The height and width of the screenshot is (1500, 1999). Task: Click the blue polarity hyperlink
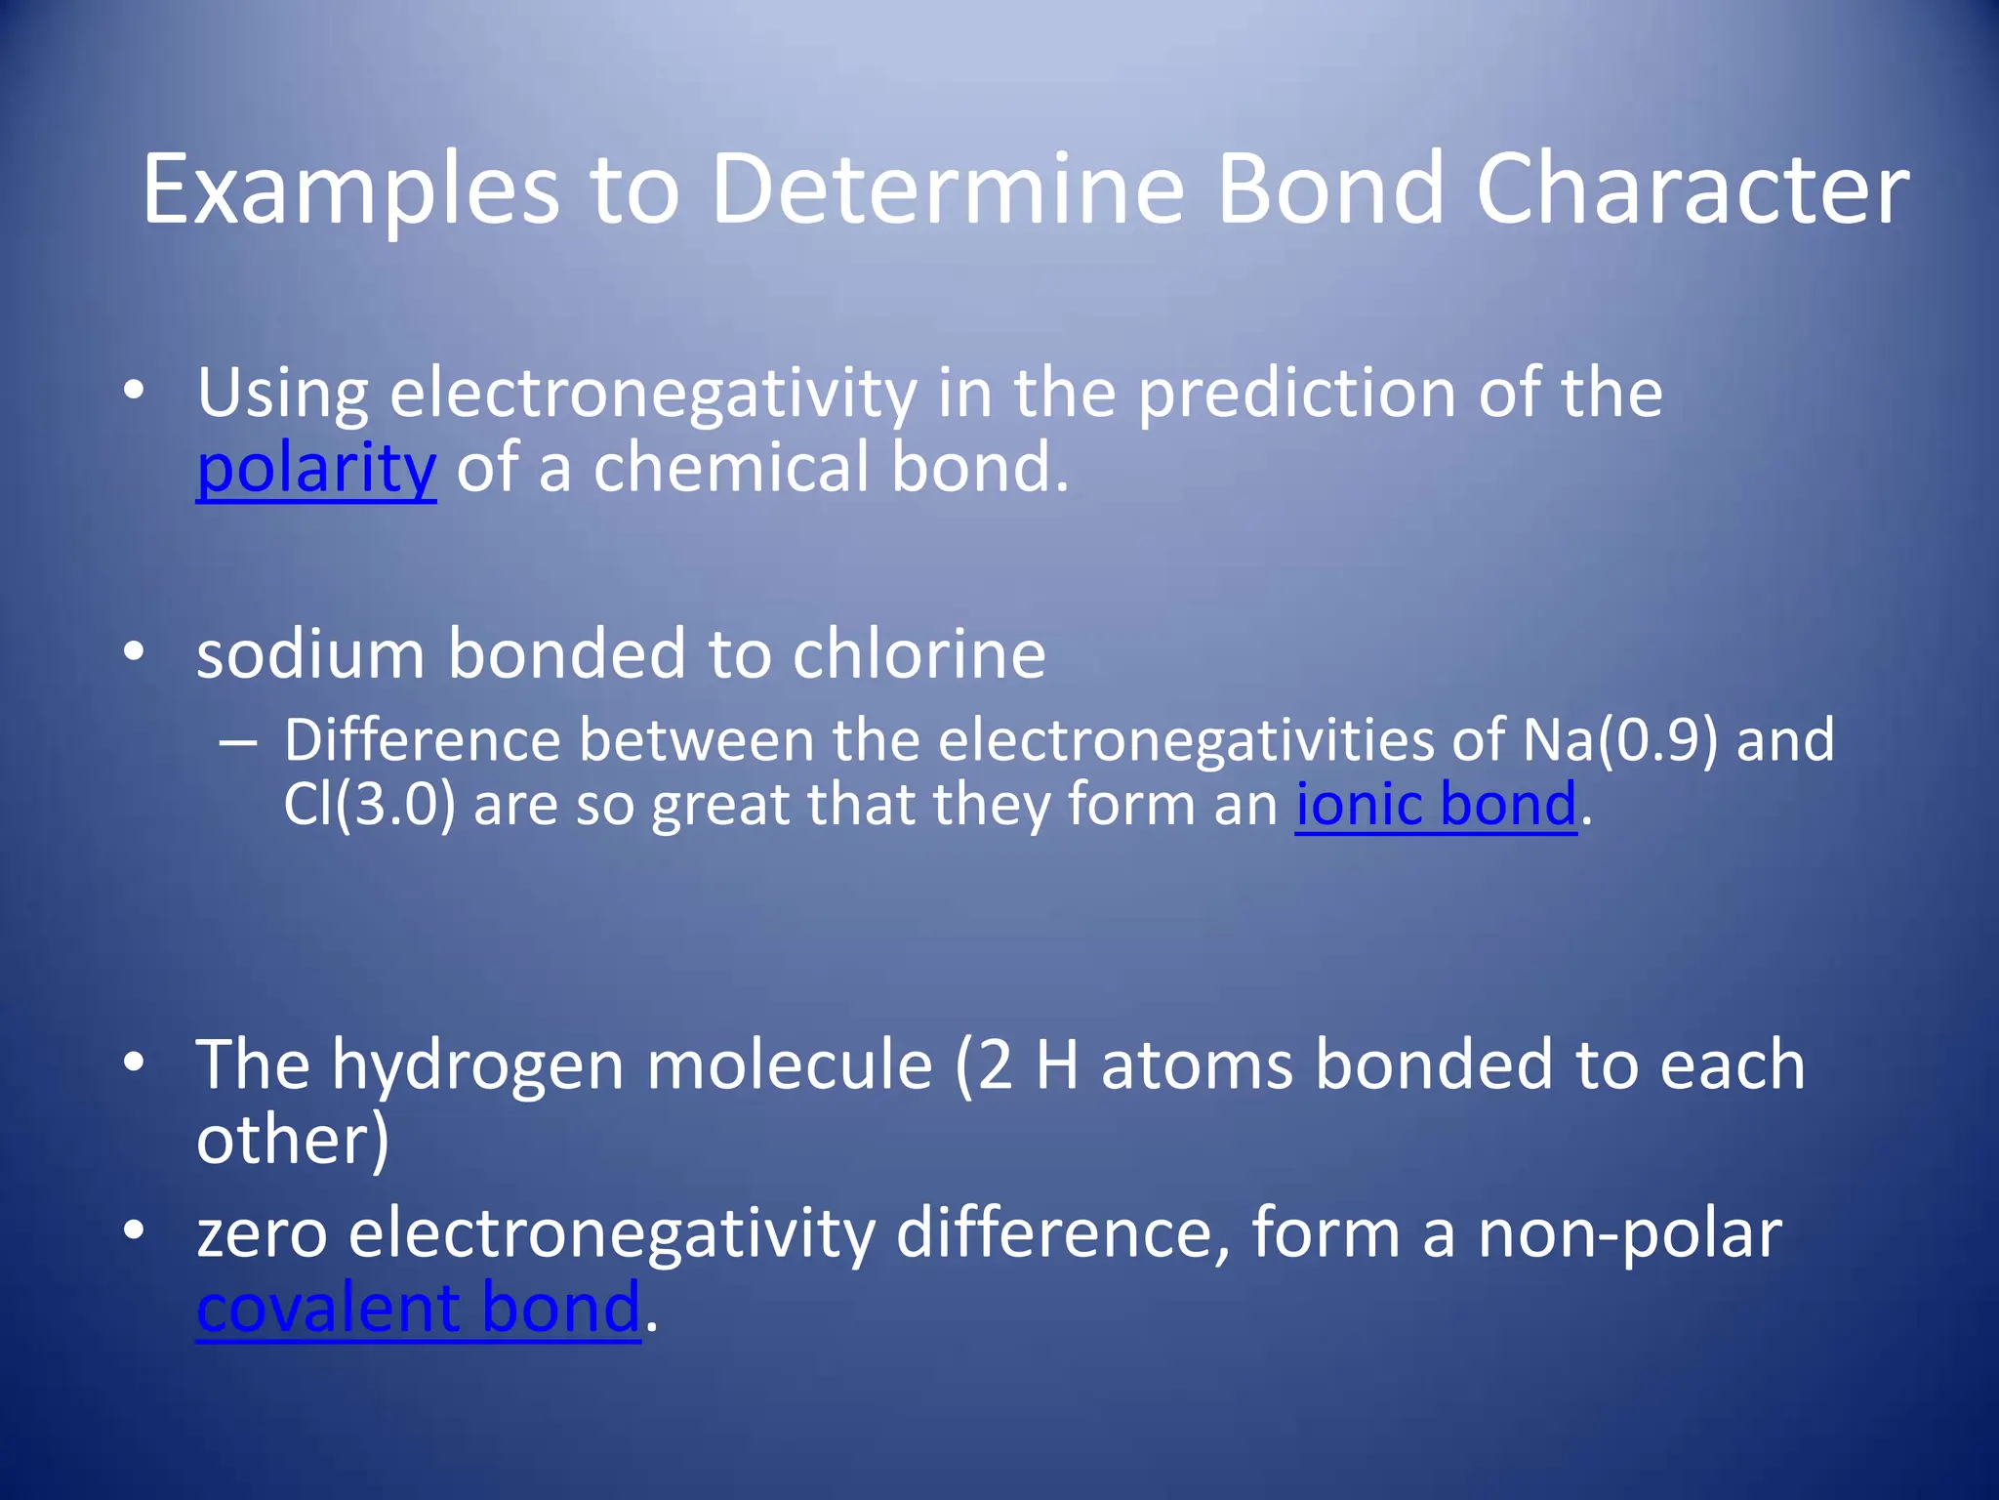315,470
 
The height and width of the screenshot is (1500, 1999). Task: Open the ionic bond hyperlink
1435,806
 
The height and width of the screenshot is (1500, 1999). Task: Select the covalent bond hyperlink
418,1309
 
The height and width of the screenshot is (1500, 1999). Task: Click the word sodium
310,654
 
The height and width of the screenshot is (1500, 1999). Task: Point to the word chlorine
918,654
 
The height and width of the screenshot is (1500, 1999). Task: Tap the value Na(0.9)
1619,740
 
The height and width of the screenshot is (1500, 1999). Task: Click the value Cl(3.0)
369,806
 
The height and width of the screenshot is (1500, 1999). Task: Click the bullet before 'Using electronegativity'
134,393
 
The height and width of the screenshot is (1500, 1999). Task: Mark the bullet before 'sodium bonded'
134,652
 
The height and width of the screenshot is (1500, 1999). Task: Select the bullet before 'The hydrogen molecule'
134,1063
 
